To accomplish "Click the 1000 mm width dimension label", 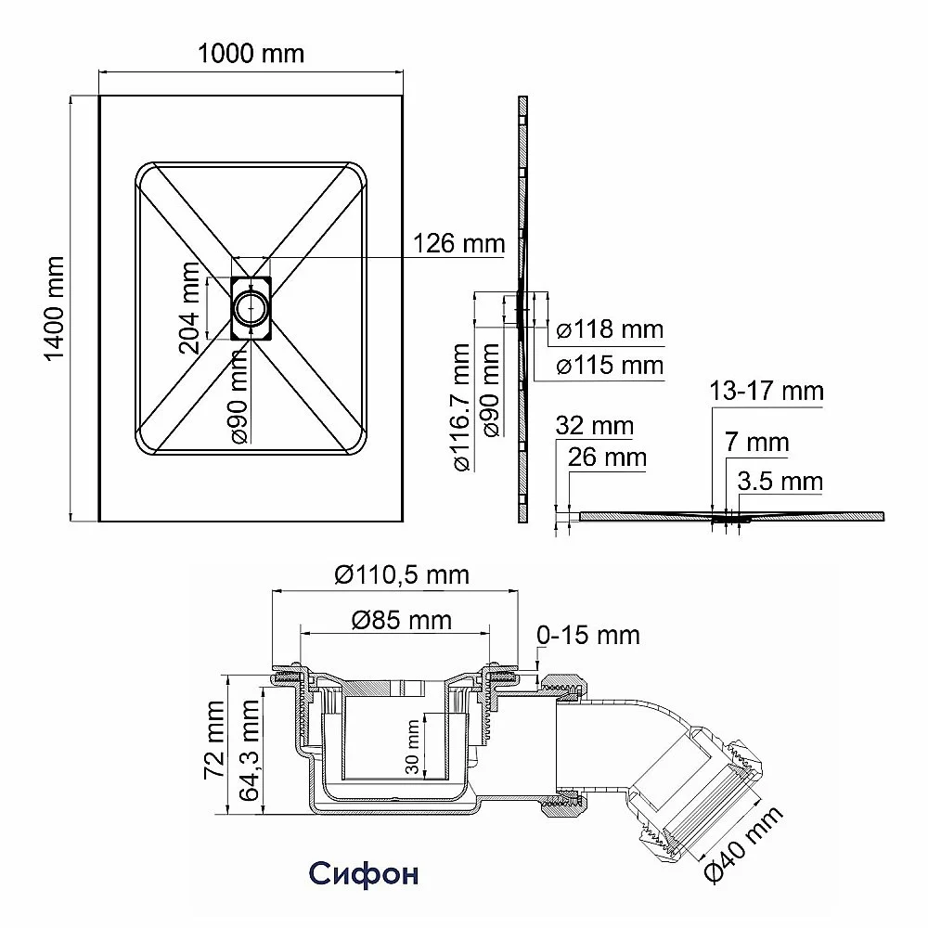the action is tap(251, 54).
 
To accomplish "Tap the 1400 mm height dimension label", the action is tap(54, 308).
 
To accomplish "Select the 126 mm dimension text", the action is tap(458, 244).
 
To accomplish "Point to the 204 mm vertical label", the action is tap(190, 308).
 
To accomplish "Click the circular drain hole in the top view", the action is tap(251, 308).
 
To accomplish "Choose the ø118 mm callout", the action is tap(611, 329).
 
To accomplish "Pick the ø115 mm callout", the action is tap(611, 365).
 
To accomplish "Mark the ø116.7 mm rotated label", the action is tap(462, 407).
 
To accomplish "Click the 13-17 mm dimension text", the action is tap(767, 392).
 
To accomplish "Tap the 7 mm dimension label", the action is tap(757, 442).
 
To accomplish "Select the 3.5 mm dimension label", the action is tap(780, 481).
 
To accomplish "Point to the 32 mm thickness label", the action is tap(594, 426).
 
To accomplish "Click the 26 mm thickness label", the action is tap(607, 457).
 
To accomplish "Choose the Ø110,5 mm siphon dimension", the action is tap(402, 574).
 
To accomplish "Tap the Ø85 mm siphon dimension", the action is tap(402, 620).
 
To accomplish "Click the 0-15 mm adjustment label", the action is tap(588, 635).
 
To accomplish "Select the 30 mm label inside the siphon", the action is tap(413, 747).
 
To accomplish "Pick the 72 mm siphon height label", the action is tap(214, 740).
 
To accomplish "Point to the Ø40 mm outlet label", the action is tap(743, 843).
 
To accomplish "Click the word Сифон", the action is tap(364, 873).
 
